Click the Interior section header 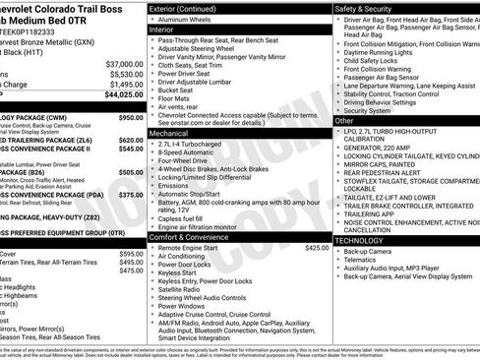pos(168,30)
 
